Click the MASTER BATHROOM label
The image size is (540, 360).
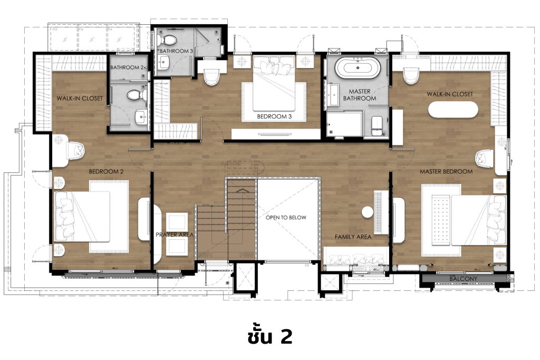(359, 95)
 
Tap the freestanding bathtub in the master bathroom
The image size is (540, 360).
(358, 69)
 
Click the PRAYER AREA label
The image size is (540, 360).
(175, 235)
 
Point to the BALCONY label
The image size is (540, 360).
(464, 279)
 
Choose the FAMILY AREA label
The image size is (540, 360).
(353, 237)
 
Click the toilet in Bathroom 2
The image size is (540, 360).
(136, 95)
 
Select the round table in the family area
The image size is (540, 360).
(367, 212)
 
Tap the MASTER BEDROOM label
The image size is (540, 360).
(446, 171)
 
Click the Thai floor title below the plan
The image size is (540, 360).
(269, 336)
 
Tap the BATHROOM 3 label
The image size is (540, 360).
(177, 51)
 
